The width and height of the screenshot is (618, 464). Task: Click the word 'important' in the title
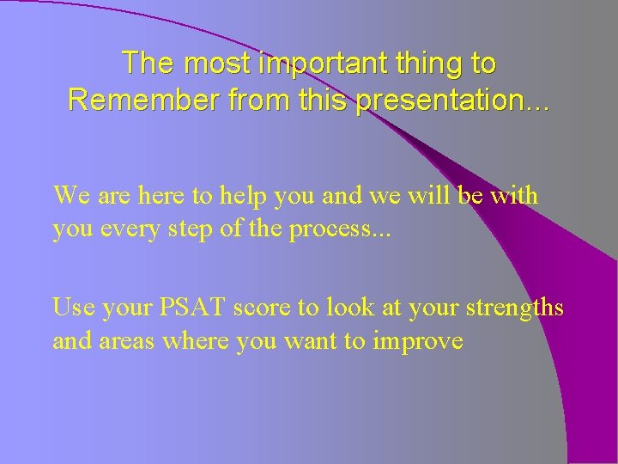point(308,64)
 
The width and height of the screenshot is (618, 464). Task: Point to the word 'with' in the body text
point(515,196)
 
